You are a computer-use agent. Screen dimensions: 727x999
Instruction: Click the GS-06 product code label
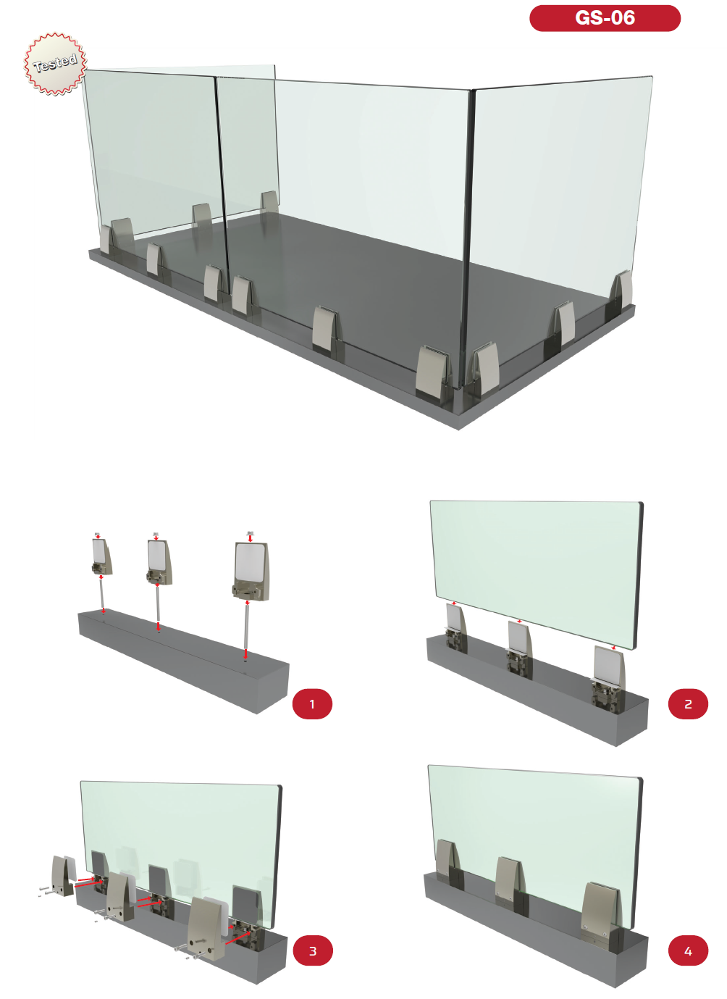tap(605, 18)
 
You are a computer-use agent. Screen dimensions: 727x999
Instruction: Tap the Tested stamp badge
tap(55, 63)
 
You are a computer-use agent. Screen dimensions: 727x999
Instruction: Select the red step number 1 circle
tap(312, 703)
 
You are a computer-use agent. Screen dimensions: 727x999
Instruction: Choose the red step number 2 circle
tap(688, 703)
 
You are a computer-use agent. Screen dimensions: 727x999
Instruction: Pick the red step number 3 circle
tap(313, 950)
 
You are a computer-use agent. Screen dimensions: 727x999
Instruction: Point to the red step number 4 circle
tap(688, 950)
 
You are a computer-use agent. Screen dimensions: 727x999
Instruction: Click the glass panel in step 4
tap(535, 843)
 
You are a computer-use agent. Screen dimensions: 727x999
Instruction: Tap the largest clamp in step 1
tap(251, 571)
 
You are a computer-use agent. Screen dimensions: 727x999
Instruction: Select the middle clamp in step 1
tap(159, 562)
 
